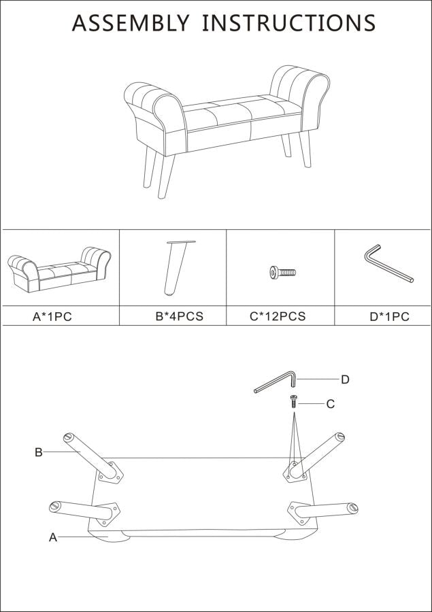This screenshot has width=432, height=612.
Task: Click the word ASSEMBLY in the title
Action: [131, 23]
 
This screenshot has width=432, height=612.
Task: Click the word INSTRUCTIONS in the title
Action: [288, 23]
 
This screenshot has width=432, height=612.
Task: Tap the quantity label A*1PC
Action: [52, 317]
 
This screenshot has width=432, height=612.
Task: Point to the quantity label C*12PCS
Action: [278, 317]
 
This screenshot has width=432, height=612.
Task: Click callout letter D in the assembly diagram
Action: [345, 379]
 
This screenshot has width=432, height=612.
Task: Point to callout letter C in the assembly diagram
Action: [331, 404]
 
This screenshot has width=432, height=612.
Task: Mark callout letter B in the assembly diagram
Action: [39, 452]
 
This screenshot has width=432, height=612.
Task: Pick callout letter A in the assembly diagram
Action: [52, 537]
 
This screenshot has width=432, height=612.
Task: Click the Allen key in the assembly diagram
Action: [276, 381]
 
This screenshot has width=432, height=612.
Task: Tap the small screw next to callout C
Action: [294, 401]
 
